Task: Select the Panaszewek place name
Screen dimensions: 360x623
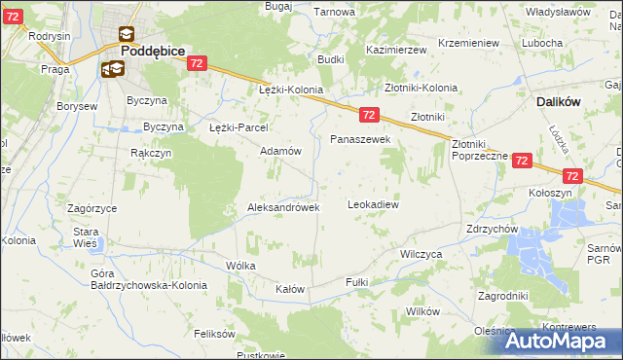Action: pyautogui.click(x=360, y=140)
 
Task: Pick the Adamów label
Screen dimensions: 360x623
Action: pyautogui.click(x=280, y=152)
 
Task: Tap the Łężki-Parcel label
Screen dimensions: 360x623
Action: pyautogui.click(x=238, y=127)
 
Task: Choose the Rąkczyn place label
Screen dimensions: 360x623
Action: pyautogui.click(x=151, y=153)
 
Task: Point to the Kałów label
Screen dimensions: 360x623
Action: pyautogui.click(x=290, y=289)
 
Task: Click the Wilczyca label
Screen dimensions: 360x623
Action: pyautogui.click(x=421, y=253)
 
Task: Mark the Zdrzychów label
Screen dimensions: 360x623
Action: pyautogui.click(x=493, y=230)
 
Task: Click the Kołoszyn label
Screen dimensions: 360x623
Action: pyautogui.click(x=549, y=193)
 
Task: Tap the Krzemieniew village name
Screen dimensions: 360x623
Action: pyautogui.click(x=468, y=44)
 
